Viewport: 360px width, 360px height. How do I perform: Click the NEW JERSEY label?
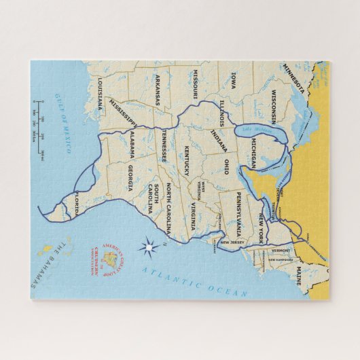232,242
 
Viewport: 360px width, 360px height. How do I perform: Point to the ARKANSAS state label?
158,91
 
